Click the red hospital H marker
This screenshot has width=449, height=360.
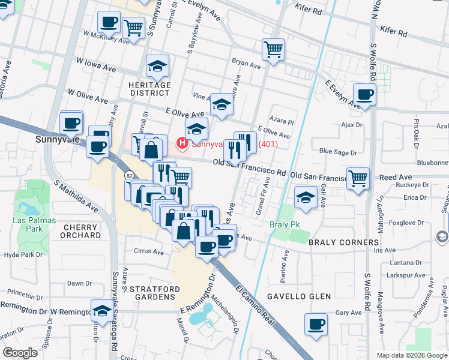pyautogui.click(x=181, y=144)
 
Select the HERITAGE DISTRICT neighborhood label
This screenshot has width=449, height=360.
pyautogui.click(x=149, y=89)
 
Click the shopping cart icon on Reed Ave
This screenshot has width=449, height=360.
pyautogui.click(x=358, y=178)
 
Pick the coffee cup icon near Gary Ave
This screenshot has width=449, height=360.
pyautogui.click(x=316, y=325)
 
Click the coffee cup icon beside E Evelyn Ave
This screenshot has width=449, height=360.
pyautogui.click(x=364, y=94)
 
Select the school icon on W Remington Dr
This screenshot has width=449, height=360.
pyautogui.click(x=101, y=310)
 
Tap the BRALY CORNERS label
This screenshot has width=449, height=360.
pyautogui.click(x=343, y=242)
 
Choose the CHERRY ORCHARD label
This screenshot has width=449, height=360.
pyautogui.click(x=81, y=232)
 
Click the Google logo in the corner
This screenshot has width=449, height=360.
pyautogui.click(x=20, y=353)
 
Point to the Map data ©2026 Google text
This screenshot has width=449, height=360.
pyautogui.click(x=411, y=355)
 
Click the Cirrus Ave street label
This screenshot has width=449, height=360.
pyautogui.click(x=149, y=252)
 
